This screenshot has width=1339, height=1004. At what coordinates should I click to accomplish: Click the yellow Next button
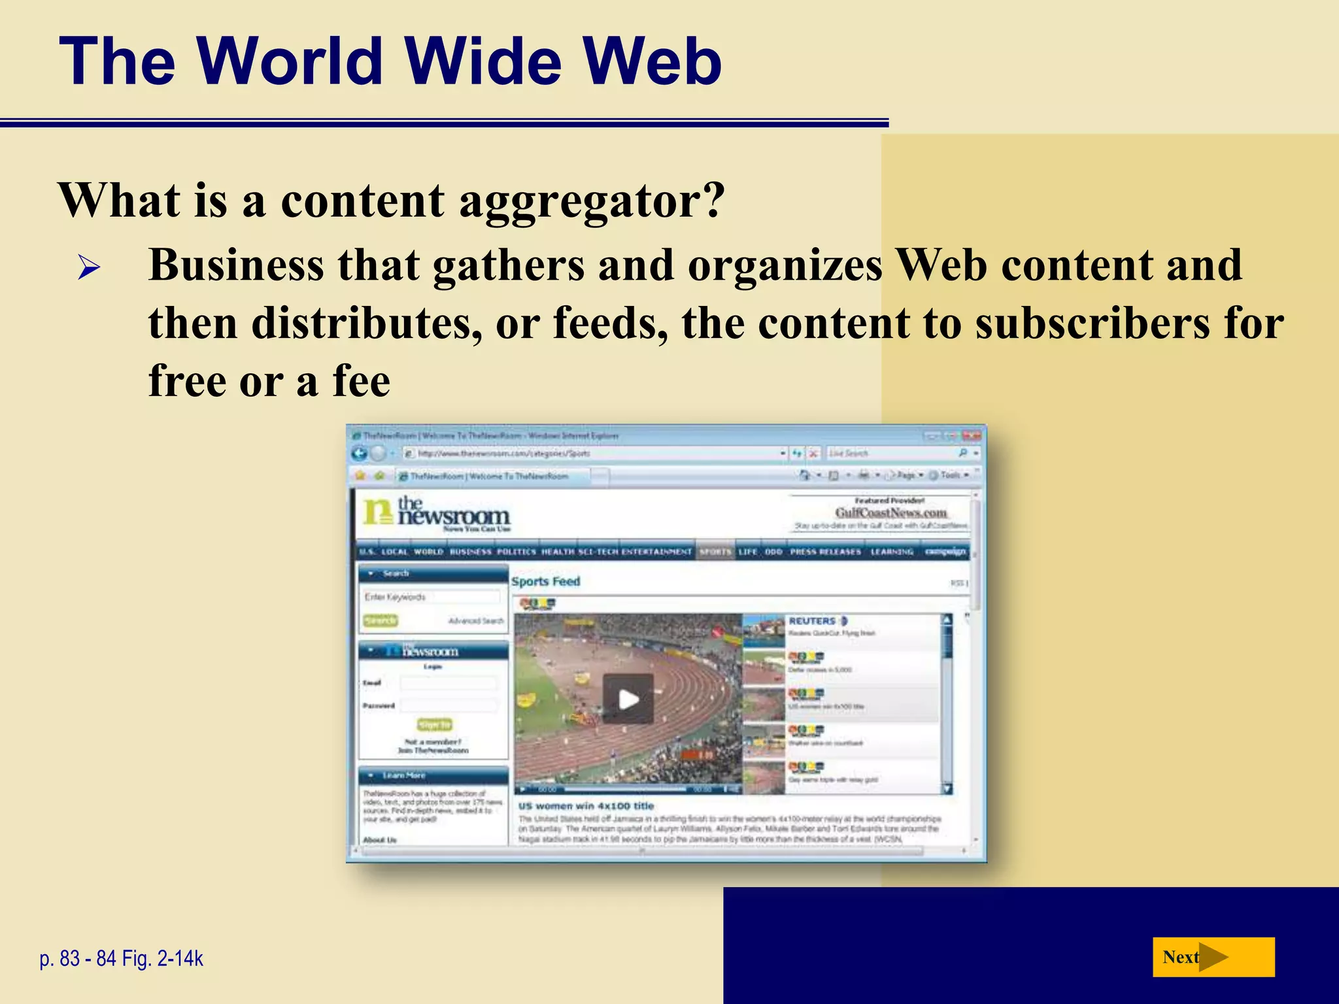tap(1213, 957)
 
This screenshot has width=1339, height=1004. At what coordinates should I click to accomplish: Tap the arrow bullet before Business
tap(88, 267)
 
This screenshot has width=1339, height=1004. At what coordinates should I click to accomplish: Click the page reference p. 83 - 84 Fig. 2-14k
tap(122, 958)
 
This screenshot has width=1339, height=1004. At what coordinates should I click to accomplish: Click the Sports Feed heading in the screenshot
tap(545, 581)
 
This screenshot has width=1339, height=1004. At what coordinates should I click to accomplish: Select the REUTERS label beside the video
tap(812, 621)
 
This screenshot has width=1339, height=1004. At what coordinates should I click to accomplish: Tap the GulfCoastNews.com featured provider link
tap(890, 513)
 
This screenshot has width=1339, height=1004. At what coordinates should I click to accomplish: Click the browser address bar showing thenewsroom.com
tap(588, 453)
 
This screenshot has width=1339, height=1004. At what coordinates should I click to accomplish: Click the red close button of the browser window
tap(972, 435)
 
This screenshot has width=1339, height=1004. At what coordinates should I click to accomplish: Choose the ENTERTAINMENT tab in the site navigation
tap(656, 552)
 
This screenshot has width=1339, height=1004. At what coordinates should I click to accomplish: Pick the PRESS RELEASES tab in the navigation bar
tap(825, 552)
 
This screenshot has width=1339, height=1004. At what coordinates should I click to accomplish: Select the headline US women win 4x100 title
tap(586, 806)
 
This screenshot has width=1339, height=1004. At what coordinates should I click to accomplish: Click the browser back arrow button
tap(359, 453)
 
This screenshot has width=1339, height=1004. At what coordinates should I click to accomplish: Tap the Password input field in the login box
tap(449, 705)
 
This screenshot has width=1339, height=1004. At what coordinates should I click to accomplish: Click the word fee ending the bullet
tap(362, 381)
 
